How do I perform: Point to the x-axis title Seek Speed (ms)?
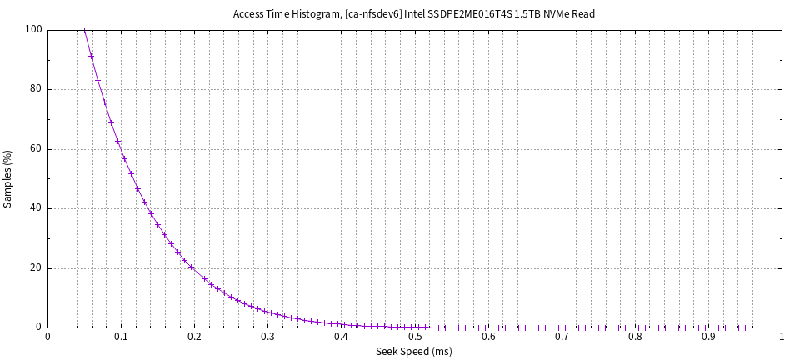[414, 352]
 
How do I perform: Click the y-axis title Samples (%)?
[8, 178]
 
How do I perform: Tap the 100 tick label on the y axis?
[34, 30]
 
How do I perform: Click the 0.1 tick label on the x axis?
[122, 337]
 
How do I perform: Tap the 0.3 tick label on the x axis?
[268, 337]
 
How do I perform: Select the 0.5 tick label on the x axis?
[415, 337]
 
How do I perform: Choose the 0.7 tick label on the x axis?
[562, 337]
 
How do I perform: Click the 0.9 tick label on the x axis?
[708, 337]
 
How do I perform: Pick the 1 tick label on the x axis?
[782, 337]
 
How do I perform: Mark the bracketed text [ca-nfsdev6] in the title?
[373, 14]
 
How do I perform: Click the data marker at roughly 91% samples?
[91, 56]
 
